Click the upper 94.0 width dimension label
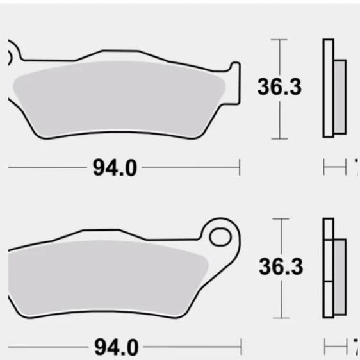pyautogui.click(x=115, y=168)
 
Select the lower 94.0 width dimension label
pyautogui.click(x=116, y=348)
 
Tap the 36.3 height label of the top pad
pyautogui.click(x=279, y=87)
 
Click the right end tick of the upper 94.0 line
pyautogui.click(x=239, y=168)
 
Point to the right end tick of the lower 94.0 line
pyautogui.click(x=240, y=348)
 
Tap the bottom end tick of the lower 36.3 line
pyautogui.click(x=278, y=317)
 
